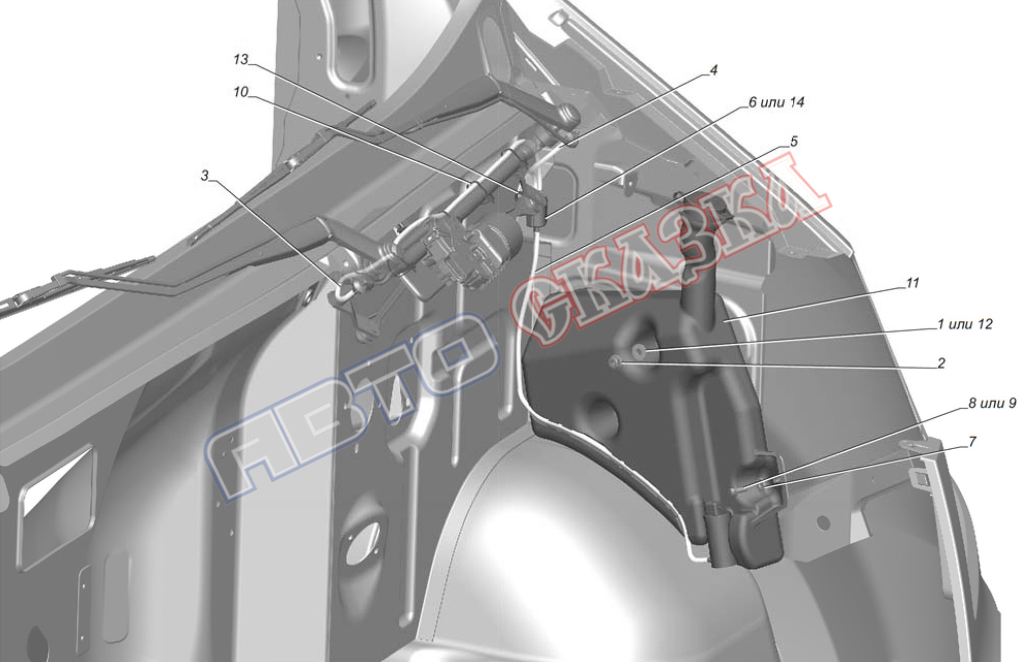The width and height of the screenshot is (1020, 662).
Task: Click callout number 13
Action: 241,60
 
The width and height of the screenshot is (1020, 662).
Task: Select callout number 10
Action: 241,92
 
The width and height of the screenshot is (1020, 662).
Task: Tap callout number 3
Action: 205,176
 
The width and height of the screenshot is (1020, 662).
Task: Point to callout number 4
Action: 713,70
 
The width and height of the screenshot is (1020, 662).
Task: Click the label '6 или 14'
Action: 776,103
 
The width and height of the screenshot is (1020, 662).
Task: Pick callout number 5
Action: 793,141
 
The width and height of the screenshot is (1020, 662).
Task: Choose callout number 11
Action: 912,283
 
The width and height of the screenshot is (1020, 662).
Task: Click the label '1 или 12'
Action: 964,325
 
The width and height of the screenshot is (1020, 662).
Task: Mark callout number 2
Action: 941,363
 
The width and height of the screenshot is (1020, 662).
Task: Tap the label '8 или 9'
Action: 992,403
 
